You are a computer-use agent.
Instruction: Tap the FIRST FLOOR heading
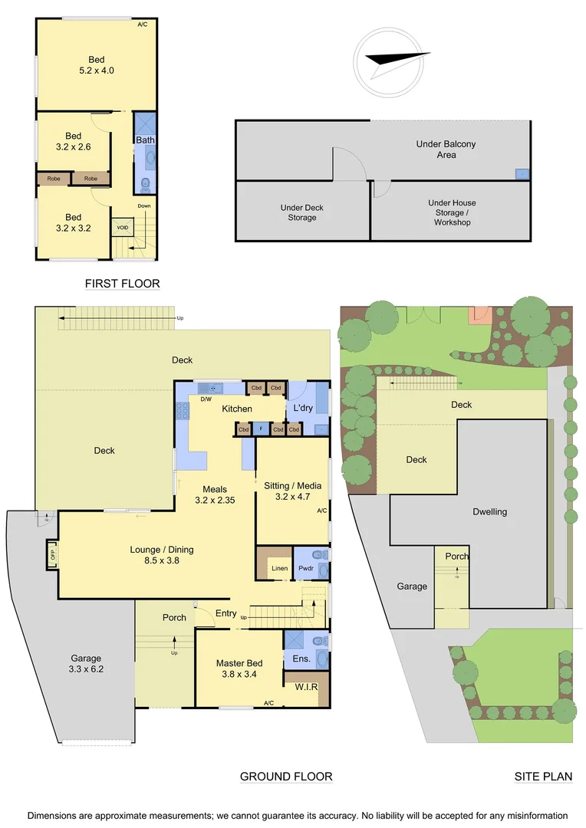pos(123,284)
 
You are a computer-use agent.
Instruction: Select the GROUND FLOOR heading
pos(286,777)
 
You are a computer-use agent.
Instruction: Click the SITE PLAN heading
pos(543,777)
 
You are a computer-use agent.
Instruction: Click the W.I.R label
pos(306,688)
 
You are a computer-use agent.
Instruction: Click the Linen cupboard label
pos(278,568)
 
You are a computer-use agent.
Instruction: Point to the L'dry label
pos(301,409)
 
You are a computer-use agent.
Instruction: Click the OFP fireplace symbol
pos(53,555)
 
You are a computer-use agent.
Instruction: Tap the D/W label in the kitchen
pos(206,399)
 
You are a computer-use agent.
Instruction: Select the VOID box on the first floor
pos(122,228)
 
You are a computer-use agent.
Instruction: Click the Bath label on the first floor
pos(145,140)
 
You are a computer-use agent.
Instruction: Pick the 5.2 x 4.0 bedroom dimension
pos(96,71)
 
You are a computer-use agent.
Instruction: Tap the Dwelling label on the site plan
pos(489,511)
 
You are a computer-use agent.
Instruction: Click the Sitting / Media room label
pos(292,491)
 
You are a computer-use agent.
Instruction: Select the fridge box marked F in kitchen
pos(261,429)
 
